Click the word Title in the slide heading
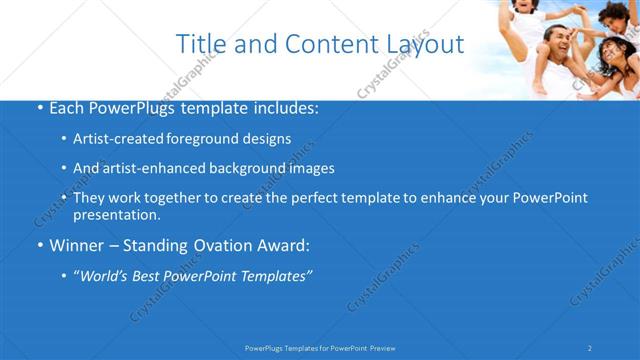click(198, 44)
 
